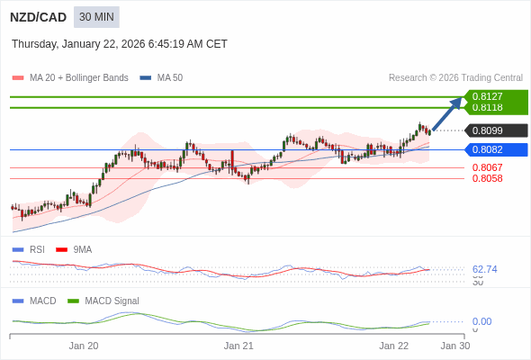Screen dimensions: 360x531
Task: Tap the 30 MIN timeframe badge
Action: tap(96, 17)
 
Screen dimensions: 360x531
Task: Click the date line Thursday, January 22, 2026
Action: tap(120, 44)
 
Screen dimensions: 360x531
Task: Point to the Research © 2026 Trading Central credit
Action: tap(455, 78)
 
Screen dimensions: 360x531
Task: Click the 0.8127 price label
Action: tap(488, 96)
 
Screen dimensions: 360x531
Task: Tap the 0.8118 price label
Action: tap(488, 107)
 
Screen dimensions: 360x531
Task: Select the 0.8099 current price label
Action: tap(488, 130)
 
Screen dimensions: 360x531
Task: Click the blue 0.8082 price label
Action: tap(488, 149)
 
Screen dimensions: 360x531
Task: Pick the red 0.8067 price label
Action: tap(488, 167)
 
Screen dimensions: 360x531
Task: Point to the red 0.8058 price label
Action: tap(488, 178)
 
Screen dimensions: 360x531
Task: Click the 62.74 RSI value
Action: tap(485, 269)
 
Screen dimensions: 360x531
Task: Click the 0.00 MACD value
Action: tap(481, 321)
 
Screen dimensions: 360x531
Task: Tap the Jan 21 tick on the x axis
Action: tap(238, 346)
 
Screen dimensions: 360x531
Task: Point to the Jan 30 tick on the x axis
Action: tap(454, 346)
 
